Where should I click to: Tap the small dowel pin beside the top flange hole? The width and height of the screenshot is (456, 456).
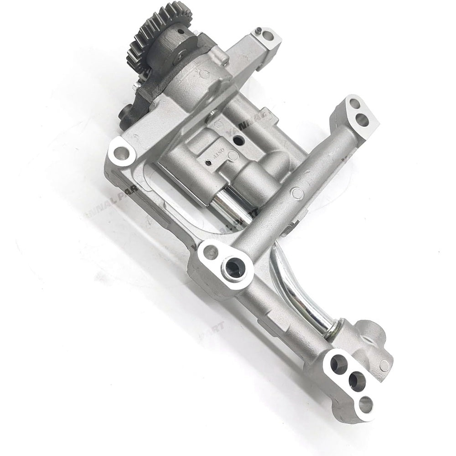(x=258, y=31)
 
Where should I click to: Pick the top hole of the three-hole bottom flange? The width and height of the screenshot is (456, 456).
(x=338, y=363)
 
